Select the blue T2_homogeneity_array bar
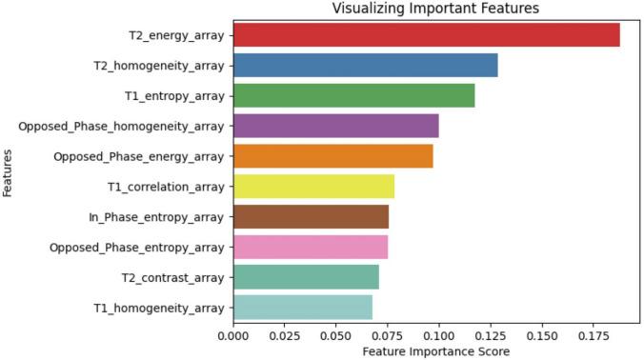click(x=365, y=66)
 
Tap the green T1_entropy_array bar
click(x=353, y=96)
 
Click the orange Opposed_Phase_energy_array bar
click(x=332, y=156)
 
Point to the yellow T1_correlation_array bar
click(x=313, y=187)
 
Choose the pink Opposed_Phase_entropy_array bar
click(x=310, y=247)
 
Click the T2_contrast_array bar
click(x=306, y=277)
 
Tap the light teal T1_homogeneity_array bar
click(x=302, y=308)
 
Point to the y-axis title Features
click(x=9, y=172)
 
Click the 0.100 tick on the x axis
click(x=438, y=334)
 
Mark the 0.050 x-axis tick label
click(x=335, y=334)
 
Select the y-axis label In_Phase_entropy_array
click(x=156, y=217)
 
